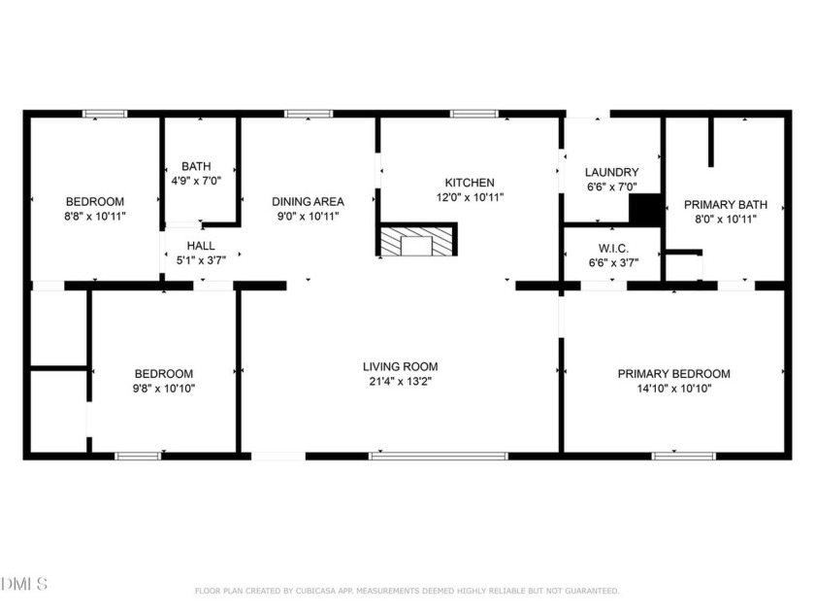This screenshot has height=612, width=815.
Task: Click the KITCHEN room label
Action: click(470, 183)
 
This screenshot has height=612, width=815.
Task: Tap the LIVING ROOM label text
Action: click(400, 366)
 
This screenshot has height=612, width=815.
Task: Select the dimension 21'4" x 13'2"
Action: click(400, 382)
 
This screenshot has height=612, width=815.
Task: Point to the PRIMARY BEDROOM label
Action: click(673, 374)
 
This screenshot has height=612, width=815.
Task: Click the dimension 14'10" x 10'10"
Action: click(674, 389)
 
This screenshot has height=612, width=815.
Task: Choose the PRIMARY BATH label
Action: click(725, 205)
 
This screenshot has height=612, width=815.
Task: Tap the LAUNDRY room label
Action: click(612, 172)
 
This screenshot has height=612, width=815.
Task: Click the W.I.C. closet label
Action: click(613, 249)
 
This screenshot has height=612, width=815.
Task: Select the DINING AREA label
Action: click(308, 201)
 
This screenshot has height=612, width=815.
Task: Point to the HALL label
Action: click(201, 246)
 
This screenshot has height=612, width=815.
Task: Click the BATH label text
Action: click(196, 166)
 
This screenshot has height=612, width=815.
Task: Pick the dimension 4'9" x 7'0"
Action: click(196, 181)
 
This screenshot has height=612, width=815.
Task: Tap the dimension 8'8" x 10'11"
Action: click(95, 216)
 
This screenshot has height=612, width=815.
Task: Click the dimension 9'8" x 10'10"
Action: click(164, 389)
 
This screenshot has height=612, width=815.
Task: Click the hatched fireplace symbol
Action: click(417, 239)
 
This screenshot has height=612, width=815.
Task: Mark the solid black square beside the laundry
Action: click(645, 209)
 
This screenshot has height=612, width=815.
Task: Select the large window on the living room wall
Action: click(439, 457)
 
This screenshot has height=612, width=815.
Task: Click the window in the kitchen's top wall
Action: click(474, 114)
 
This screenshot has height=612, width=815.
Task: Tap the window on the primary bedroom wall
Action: click(683, 457)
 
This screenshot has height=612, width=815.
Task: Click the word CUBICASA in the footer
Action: click(318, 591)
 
